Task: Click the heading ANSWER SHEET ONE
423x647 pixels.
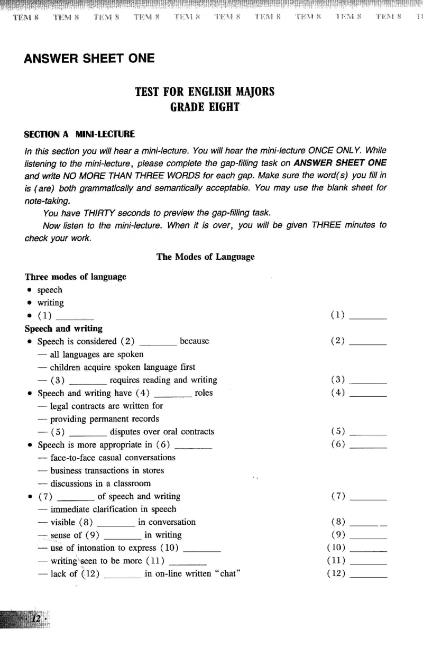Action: (89, 58)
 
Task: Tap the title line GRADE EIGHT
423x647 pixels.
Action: (205, 107)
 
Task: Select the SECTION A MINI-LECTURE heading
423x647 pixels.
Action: (79, 134)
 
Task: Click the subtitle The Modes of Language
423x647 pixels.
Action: (205, 257)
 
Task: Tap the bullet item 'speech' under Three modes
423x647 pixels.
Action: (50, 290)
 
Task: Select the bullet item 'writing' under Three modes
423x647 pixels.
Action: (50, 303)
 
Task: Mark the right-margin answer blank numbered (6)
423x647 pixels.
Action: (368, 445)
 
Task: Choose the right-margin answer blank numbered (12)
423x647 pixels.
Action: (368, 575)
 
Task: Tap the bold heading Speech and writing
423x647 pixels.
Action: (63, 329)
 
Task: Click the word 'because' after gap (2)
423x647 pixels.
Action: (195, 341)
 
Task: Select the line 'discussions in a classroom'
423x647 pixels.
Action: (100, 484)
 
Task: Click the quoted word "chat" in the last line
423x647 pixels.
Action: (223, 573)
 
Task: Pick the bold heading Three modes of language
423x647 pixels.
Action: (75, 277)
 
